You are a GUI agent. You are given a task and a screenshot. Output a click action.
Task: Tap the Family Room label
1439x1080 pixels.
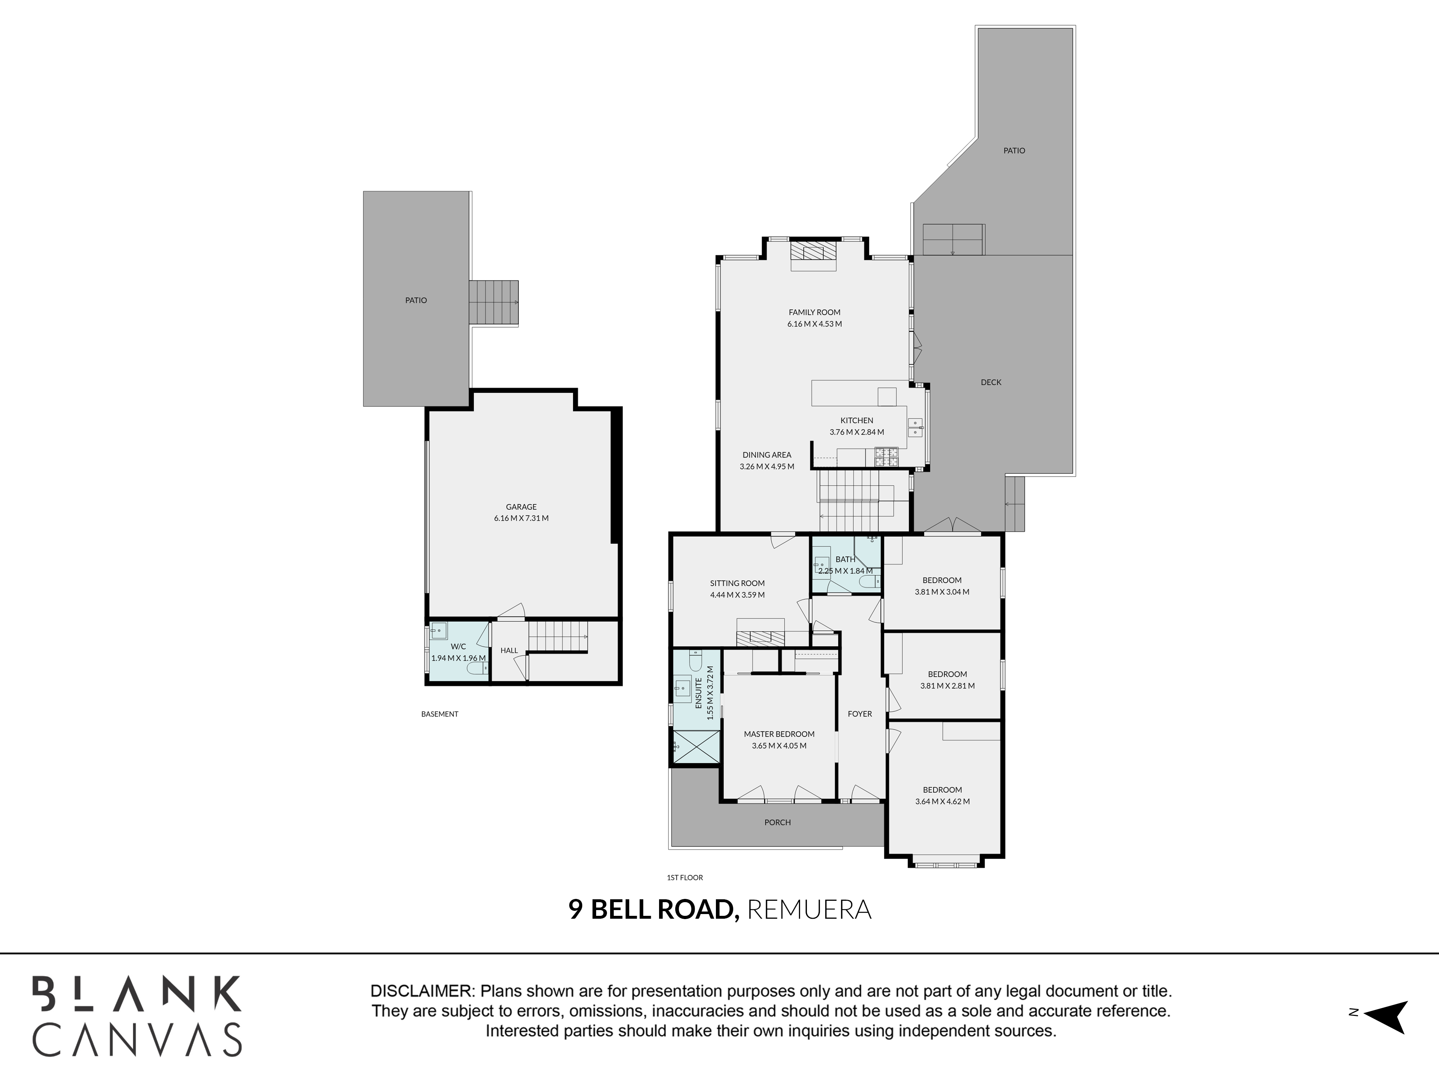tap(814, 312)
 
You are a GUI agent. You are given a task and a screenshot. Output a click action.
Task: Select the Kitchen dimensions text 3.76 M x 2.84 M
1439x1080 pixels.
tap(857, 432)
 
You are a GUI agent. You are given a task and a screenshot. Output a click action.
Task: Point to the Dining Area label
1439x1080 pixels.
tap(767, 455)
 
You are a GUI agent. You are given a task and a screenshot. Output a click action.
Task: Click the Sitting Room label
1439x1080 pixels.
tap(737, 583)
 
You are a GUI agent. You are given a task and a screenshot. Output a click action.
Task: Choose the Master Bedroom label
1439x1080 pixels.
tap(779, 734)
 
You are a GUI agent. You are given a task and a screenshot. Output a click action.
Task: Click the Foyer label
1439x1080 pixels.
tap(859, 714)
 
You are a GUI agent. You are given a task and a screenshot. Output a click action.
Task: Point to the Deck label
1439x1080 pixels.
tap(991, 383)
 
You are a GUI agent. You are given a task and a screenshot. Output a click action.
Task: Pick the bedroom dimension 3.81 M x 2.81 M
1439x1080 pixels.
tap(947, 686)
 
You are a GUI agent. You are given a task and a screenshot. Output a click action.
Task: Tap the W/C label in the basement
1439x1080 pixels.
tap(458, 647)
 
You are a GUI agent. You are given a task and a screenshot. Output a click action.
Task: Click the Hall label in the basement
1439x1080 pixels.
tap(509, 651)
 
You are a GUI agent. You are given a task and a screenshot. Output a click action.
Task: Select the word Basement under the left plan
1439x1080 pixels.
tap(440, 714)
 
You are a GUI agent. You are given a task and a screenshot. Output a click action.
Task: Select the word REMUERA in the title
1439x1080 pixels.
tap(809, 909)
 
